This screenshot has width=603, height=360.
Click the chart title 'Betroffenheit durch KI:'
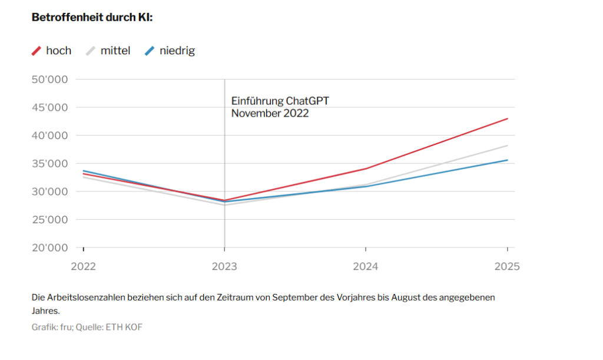click(x=92, y=18)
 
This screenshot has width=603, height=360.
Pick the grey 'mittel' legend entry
click(x=108, y=51)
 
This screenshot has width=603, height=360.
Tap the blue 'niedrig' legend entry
click(x=170, y=51)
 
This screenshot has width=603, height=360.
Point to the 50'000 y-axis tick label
click(x=49, y=80)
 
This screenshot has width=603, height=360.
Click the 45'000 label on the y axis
click(x=49, y=108)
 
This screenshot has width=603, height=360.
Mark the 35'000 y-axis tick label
click(x=49, y=164)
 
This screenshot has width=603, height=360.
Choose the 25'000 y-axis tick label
click(x=49, y=220)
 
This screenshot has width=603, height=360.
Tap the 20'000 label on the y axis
click(x=49, y=248)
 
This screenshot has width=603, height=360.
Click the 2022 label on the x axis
click(x=83, y=266)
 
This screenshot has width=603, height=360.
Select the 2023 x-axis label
click(x=224, y=266)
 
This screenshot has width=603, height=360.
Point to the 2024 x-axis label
click(x=366, y=266)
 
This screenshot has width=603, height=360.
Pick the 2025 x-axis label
click(x=507, y=266)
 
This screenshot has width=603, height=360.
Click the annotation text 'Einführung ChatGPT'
click(x=280, y=101)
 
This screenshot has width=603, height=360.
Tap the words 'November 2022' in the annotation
click(x=270, y=114)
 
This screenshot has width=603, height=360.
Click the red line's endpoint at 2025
click(x=507, y=118)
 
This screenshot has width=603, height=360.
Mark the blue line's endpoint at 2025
click(x=507, y=160)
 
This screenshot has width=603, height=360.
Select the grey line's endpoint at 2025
click(x=507, y=146)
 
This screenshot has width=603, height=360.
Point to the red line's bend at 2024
click(x=366, y=169)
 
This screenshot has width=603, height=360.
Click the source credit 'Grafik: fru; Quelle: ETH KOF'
click(x=87, y=327)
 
